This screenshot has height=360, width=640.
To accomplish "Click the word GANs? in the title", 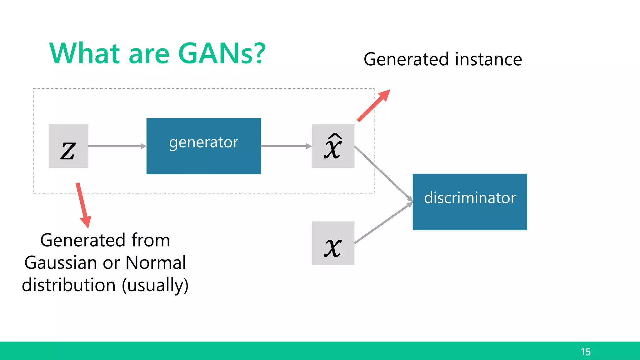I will click(x=221, y=54).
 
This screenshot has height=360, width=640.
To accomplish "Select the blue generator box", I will click(x=203, y=146).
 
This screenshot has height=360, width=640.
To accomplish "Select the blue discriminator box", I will click(x=469, y=202).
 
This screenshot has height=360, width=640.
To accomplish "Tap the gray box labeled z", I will click(x=68, y=146).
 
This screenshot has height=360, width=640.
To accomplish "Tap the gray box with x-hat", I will click(x=333, y=146).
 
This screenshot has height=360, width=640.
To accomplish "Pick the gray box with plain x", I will click(x=333, y=243).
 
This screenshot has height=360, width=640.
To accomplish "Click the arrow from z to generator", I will click(x=117, y=146).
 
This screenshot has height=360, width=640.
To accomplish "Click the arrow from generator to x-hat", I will click(x=286, y=146).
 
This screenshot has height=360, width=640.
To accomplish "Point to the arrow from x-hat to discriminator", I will click(x=383, y=174).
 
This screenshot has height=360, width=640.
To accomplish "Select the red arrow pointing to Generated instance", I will click(x=374, y=105).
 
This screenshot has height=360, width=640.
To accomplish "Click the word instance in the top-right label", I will click(x=488, y=59).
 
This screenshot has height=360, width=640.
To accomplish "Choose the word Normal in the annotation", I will click(x=155, y=263).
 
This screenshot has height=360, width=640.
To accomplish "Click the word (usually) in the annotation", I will click(x=155, y=285).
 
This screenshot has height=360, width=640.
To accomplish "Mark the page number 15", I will click(x=586, y=352).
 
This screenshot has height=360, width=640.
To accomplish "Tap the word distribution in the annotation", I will click(x=69, y=285).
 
